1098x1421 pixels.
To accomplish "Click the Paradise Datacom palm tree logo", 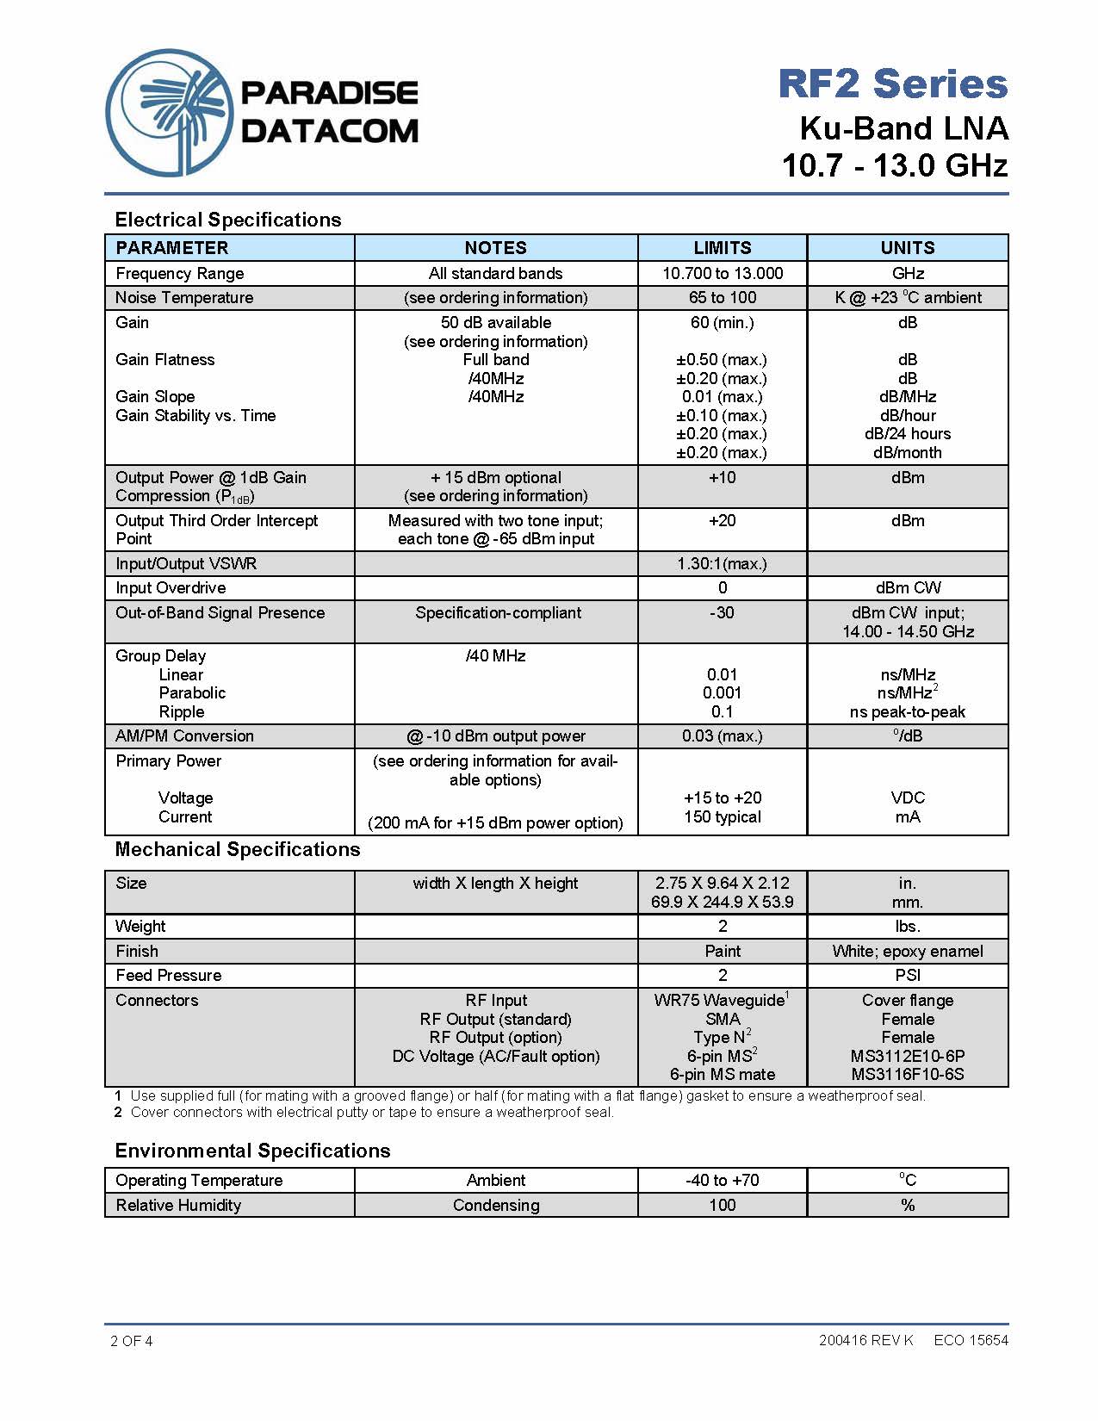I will point(170,113).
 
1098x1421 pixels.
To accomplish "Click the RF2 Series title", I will point(892,84).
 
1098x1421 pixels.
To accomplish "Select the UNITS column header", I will point(907,248).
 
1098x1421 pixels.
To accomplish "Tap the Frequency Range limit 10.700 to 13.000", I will point(722,274).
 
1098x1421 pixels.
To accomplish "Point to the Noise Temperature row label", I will point(184,298).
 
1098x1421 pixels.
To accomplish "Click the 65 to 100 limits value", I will point(722,298).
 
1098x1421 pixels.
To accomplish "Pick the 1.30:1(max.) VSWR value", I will point(722,564).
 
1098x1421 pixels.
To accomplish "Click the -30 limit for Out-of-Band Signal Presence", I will point(722,613).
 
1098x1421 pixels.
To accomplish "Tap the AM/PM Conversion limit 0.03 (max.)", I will point(722,736).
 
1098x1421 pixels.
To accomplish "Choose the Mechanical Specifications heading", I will point(238,850).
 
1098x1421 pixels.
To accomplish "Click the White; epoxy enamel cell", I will point(907,952).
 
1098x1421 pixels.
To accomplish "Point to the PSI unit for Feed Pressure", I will point(907,976).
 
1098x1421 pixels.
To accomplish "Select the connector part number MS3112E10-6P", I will point(907,1057).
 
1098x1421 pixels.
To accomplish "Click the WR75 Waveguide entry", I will point(720,1001).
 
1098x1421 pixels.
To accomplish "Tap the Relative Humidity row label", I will point(178,1206).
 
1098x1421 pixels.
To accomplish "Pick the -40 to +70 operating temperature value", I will point(722,1181).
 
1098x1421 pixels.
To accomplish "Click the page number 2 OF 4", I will point(132,1341).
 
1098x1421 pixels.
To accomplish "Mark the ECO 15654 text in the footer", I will point(971,1340).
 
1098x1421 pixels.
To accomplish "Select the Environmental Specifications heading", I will point(252,1151).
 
